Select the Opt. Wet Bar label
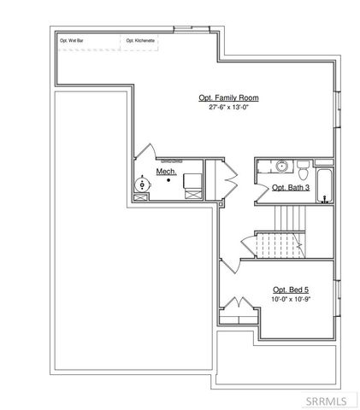(70, 40)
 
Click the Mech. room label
(165, 172)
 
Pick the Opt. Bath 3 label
(290, 187)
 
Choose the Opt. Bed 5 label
(290, 290)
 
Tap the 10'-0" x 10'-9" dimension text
(290, 299)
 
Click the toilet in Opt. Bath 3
(301, 167)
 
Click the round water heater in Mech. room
(142, 183)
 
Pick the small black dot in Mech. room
(168, 180)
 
